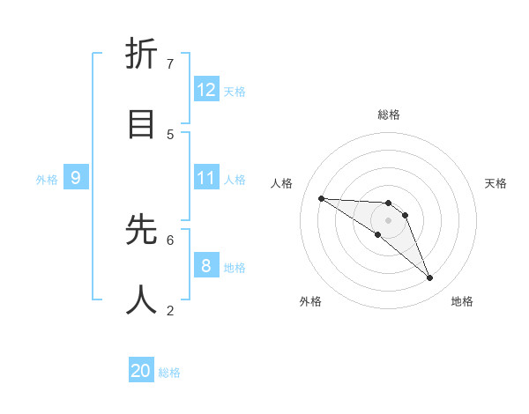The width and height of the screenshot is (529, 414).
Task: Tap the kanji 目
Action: point(141,123)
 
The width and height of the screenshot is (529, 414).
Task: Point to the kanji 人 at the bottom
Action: point(141,299)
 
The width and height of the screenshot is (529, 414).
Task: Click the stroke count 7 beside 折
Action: point(170,63)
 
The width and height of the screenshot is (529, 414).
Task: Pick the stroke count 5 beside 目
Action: point(170,134)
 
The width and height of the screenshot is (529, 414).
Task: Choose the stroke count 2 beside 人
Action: point(170,310)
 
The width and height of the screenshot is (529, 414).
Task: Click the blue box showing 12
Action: point(206,90)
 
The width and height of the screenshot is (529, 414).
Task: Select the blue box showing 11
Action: point(206,178)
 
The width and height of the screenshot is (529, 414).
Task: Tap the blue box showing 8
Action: point(206,265)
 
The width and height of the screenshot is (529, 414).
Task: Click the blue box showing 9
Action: point(76,178)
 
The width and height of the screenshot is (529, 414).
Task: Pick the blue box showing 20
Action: point(141,371)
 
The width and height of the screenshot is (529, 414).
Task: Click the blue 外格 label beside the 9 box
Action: point(47,180)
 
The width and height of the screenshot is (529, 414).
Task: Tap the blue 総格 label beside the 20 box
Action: point(169,373)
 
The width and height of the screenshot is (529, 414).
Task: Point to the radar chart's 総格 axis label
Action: point(389,115)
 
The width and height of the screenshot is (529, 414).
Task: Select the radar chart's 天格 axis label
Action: point(495,183)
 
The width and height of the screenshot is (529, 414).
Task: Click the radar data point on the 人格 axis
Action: point(321,198)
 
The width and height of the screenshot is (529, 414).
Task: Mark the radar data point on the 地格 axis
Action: point(430,278)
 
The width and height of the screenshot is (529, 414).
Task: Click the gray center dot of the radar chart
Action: point(389,219)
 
